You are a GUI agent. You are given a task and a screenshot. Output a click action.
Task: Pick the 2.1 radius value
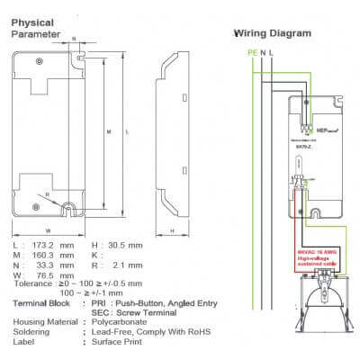click(131, 266)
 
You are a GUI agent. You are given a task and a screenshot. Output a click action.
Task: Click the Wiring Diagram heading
click(273, 33)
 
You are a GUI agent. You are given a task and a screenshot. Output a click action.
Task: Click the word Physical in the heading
click(31, 22)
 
